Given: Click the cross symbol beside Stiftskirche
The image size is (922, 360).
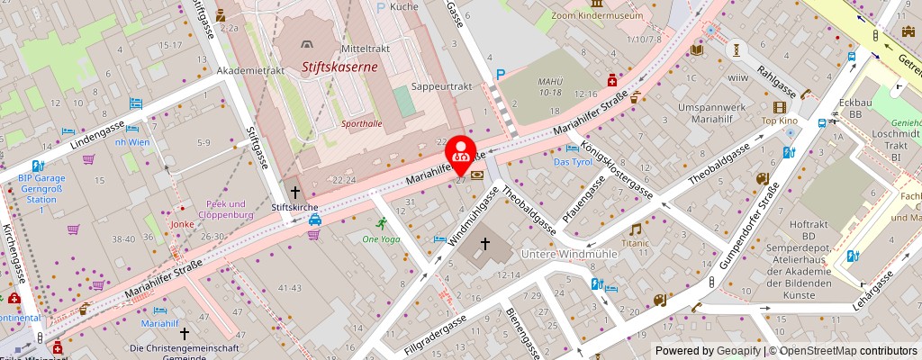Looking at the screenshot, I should [294, 192].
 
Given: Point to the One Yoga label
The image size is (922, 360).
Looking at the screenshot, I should [380, 238].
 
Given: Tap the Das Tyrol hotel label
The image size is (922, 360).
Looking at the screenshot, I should [573, 162].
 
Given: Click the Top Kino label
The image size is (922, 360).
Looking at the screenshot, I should [780, 121].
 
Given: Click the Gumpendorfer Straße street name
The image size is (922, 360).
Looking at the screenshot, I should [750, 226].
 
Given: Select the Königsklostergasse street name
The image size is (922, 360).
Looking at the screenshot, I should [617, 168].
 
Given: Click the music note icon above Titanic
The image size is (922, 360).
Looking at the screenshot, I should [635, 229].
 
